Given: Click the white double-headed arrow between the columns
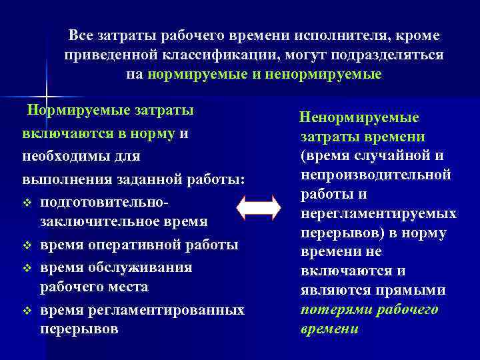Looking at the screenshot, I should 259,207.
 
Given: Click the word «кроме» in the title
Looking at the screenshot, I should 417,35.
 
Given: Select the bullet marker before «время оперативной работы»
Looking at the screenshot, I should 27,245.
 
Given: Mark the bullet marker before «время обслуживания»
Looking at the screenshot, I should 27,268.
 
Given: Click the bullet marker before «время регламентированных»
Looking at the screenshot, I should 27,311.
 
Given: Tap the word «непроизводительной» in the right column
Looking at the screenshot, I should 376,175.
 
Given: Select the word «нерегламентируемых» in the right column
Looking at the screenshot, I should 378,214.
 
